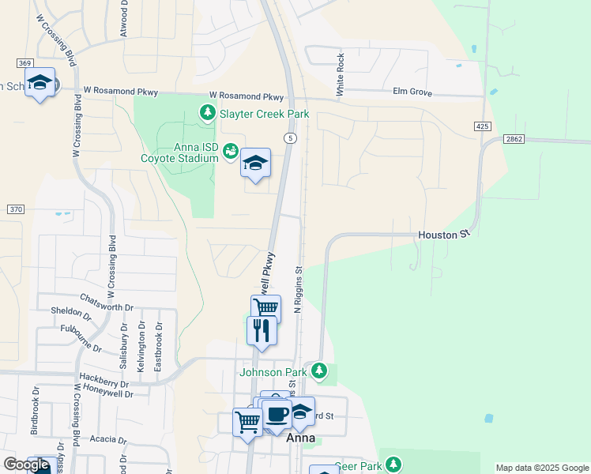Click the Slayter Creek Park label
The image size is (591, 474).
pos(264,115)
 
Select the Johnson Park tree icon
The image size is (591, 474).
pos(319,370)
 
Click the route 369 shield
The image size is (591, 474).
pos(25,63)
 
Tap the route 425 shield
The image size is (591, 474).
pos(484,126)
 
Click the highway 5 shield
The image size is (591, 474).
pos(292,138)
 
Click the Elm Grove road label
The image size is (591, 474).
pos(412,92)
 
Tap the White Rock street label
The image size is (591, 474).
pos(341,75)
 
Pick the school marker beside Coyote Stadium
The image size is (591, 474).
pos(255,163)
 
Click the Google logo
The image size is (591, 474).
pos(27,465)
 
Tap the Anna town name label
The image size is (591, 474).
pos(301,438)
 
